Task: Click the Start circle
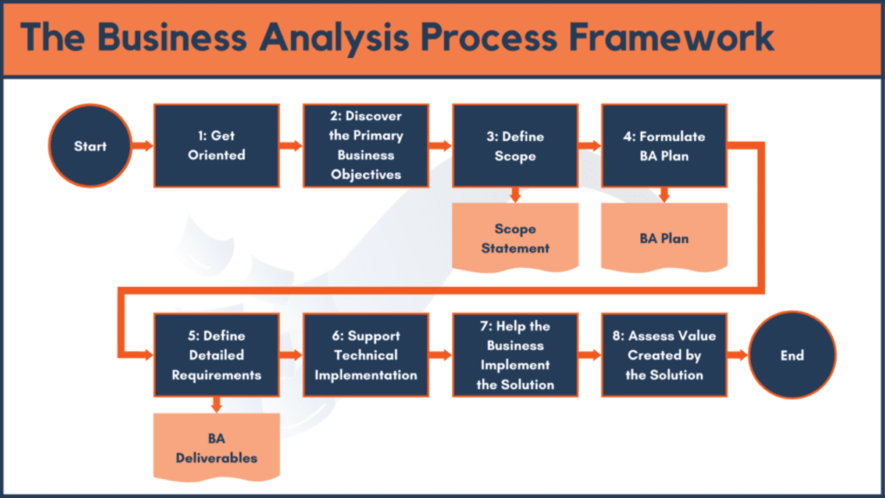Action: [90, 145]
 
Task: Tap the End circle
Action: [792, 355]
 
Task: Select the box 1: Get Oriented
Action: [217, 145]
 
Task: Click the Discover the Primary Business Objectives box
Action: [366, 145]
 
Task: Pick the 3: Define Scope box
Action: [515, 145]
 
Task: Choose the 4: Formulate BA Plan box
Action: [665, 145]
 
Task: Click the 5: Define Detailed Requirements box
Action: [217, 355]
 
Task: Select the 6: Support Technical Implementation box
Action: [366, 355]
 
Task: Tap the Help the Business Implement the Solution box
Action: [515, 355]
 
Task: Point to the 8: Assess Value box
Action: [665, 355]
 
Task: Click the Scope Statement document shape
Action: [515, 238]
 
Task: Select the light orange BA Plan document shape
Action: [665, 238]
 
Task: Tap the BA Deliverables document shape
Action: [217, 448]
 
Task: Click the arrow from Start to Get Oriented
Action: [143, 145]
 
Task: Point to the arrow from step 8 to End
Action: [738, 355]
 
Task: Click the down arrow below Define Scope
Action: [515, 195]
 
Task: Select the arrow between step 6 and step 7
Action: [440, 355]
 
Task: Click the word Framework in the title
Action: [671, 38]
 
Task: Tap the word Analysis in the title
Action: [334, 39]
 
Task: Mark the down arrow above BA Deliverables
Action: [217, 405]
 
